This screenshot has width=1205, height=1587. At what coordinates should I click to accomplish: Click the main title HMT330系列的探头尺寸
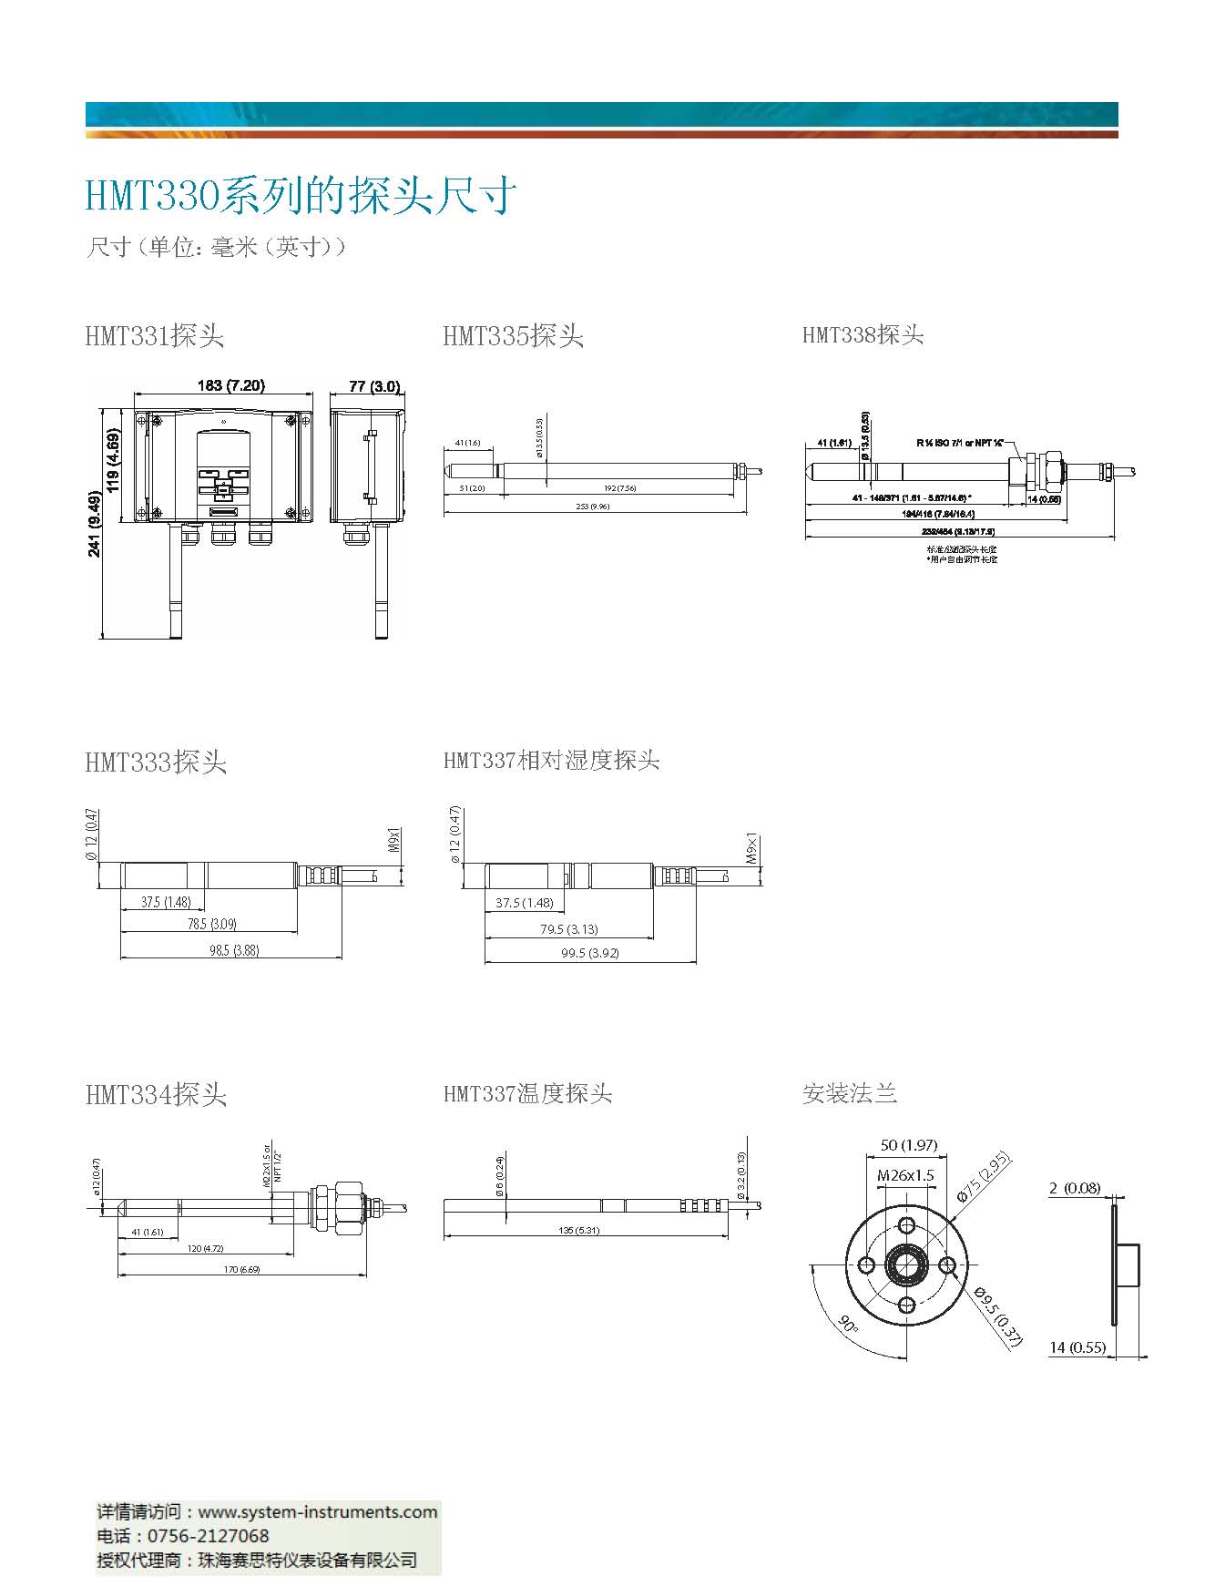[301, 196]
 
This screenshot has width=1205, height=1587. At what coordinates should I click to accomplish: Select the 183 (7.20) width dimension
[230, 385]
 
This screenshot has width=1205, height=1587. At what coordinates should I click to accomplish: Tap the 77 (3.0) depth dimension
[374, 386]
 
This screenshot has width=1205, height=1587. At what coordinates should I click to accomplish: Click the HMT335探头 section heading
[513, 336]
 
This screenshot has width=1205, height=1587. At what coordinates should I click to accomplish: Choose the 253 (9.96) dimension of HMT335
[593, 507]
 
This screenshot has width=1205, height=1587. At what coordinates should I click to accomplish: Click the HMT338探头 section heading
[863, 335]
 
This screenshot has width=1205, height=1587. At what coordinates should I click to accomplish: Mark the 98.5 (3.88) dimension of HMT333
[233, 950]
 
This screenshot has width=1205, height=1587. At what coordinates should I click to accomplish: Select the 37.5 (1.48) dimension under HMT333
[166, 902]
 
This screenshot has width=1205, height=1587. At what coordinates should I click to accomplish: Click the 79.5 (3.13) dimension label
[568, 929]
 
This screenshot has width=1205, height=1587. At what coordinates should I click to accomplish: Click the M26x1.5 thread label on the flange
[905, 1175]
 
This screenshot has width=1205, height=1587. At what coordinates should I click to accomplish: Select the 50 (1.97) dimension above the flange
[908, 1145]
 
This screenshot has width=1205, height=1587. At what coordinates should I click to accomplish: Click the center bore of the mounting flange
[907, 1264]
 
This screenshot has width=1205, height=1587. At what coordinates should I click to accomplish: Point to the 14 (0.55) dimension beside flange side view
[1077, 1347]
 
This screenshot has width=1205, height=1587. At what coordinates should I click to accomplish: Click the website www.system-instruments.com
[318, 1511]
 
